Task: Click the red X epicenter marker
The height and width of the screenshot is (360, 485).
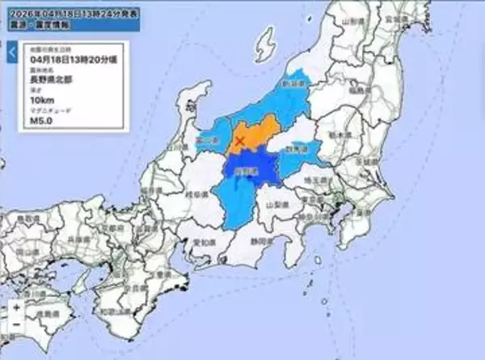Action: click(x=238, y=143)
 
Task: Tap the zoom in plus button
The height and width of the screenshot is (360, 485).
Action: click(x=17, y=308)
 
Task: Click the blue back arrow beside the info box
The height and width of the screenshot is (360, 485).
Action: click(x=12, y=53)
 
